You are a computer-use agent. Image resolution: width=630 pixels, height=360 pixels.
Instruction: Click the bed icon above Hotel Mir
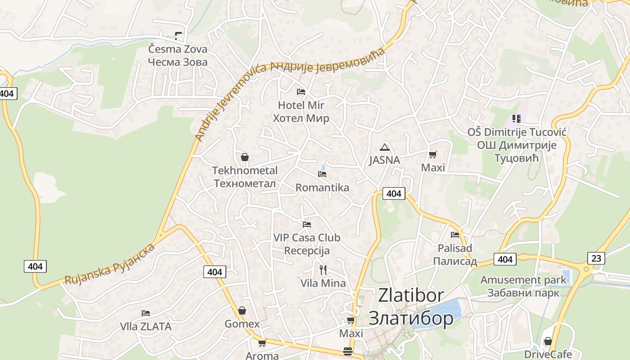301,92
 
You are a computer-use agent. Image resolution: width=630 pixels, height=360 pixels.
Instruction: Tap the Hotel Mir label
301,112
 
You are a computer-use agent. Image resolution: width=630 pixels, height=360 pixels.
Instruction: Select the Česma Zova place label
178,55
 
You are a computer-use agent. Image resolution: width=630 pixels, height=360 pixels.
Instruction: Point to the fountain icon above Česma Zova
178,36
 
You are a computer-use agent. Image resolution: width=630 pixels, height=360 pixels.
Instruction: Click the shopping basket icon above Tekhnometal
245,157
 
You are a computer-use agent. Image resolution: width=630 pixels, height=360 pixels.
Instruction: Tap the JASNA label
384,160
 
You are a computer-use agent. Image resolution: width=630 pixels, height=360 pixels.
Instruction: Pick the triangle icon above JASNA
384,147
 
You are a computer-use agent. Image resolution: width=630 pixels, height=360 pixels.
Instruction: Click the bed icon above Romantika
322,174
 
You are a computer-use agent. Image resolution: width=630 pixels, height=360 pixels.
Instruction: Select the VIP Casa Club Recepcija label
307,244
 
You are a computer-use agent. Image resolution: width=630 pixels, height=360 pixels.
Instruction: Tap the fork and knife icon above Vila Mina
323,270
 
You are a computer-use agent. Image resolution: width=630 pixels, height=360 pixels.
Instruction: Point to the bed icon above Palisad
455,235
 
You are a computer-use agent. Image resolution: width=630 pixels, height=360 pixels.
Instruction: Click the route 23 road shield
596,258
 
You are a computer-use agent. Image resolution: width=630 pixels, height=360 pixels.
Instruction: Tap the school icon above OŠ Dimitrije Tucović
516,119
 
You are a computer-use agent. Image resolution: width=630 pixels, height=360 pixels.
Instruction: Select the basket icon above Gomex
242,310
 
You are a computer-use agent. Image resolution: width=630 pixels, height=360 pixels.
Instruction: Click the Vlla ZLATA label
146,327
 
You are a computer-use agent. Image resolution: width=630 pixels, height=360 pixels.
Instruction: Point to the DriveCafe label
548,354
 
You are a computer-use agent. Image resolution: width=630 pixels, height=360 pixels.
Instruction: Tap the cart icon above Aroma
262,343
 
